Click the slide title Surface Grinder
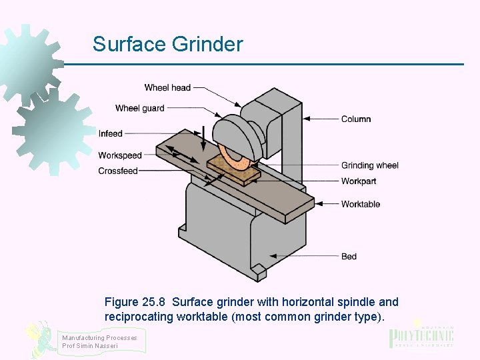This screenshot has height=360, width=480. (167, 45)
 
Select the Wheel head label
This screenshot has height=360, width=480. (167, 87)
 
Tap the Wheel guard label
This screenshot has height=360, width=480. (139, 108)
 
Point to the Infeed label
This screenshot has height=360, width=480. (111, 134)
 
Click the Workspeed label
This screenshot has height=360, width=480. (120, 155)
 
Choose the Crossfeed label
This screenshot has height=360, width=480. (118, 171)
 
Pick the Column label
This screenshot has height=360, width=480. (356, 119)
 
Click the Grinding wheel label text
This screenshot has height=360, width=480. (370, 165)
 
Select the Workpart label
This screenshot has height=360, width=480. (359, 181)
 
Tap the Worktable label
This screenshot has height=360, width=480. (361, 204)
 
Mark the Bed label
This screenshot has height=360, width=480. (349, 257)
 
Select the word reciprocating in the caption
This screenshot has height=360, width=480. (139, 317)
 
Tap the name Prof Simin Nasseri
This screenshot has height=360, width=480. (90, 345)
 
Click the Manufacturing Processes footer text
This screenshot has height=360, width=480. (99, 337)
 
